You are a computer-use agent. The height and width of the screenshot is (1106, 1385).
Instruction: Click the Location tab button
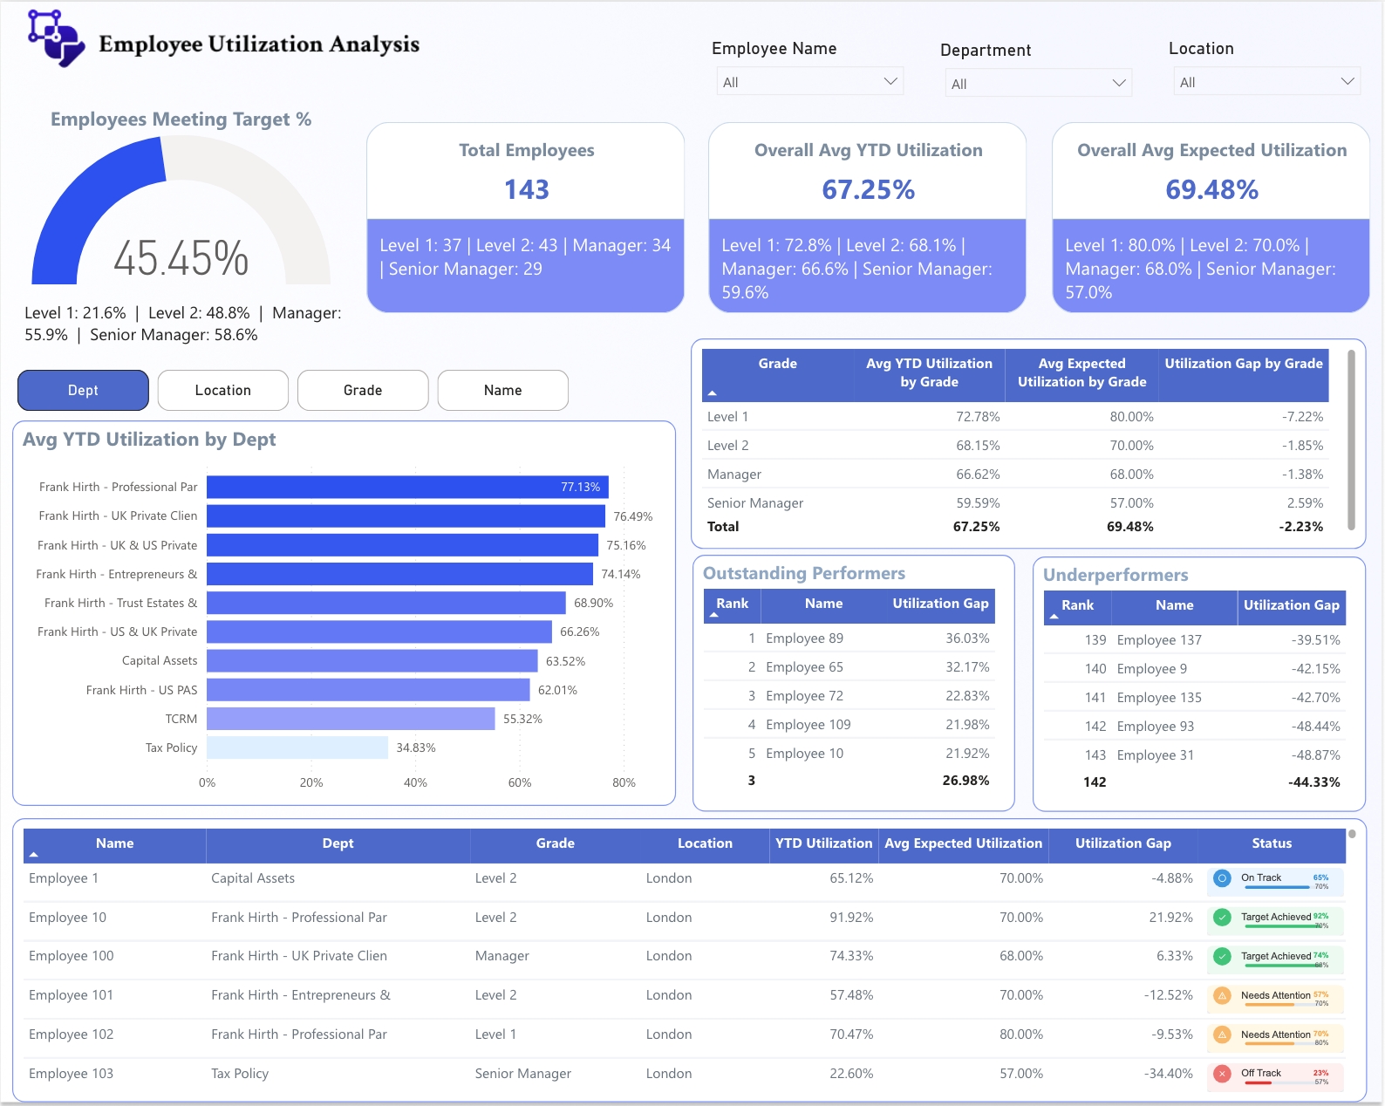[x=223, y=390]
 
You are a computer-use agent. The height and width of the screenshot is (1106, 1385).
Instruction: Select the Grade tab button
[x=363, y=390]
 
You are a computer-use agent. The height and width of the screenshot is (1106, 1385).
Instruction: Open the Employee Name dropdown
[x=809, y=82]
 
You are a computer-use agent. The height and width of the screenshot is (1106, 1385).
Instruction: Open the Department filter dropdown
[x=1038, y=84]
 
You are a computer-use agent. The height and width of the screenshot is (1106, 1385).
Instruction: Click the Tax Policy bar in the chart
[x=297, y=748]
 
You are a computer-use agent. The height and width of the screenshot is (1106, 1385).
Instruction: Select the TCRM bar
[x=351, y=719]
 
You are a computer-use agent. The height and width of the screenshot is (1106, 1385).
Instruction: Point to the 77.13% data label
[x=580, y=487]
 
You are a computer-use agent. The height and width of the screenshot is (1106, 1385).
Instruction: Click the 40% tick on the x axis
[x=415, y=782]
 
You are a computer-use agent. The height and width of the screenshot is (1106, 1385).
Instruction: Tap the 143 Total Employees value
[x=526, y=189]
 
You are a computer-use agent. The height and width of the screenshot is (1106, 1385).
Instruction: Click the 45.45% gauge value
[x=181, y=259]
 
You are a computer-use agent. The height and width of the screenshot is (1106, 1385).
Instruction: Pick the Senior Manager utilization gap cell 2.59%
[x=1305, y=503]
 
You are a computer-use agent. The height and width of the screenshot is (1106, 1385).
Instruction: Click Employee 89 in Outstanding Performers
[x=804, y=638]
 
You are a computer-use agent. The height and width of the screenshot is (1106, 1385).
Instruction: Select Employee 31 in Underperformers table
[x=1155, y=755]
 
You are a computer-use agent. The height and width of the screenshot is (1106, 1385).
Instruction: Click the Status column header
[x=1272, y=843]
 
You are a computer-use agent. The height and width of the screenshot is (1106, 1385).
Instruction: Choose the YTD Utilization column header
[x=823, y=843]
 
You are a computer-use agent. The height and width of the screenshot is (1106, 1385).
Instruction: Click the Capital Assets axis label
[x=160, y=661]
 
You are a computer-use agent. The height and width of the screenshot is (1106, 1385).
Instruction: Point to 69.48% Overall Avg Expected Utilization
[x=1211, y=189]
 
